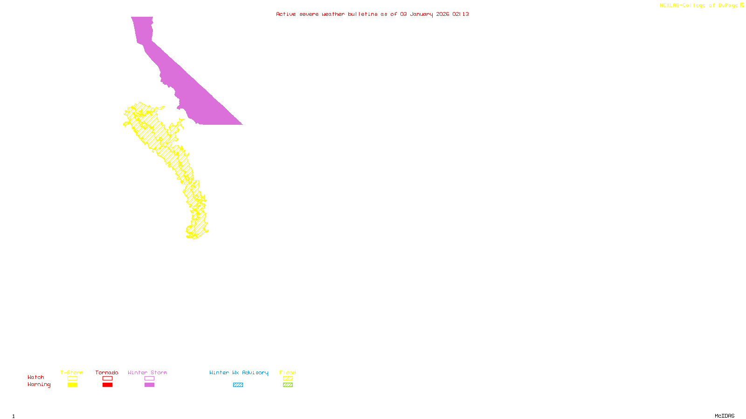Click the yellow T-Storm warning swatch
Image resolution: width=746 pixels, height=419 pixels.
point(72,385)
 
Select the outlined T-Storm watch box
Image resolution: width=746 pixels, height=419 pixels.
point(72,378)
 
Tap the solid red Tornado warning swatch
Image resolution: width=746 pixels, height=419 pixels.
point(107,385)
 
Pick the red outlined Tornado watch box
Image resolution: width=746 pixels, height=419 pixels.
point(107,378)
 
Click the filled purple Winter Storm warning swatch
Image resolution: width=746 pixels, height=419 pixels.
point(149,385)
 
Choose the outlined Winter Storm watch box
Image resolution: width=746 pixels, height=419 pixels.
point(149,378)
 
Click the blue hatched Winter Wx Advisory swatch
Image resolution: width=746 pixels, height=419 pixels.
point(238,385)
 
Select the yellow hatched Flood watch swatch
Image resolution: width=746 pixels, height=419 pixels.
point(288,378)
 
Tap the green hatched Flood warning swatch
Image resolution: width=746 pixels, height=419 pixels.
point(288,385)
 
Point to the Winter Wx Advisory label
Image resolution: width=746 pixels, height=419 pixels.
point(239,372)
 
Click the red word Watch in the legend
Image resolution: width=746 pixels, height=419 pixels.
point(36,378)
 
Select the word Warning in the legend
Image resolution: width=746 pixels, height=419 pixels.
point(39,385)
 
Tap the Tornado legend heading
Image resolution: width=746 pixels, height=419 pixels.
point(107,372)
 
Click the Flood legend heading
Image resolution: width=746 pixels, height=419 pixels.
point(288,372)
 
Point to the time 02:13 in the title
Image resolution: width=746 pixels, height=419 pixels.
point(461,14)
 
